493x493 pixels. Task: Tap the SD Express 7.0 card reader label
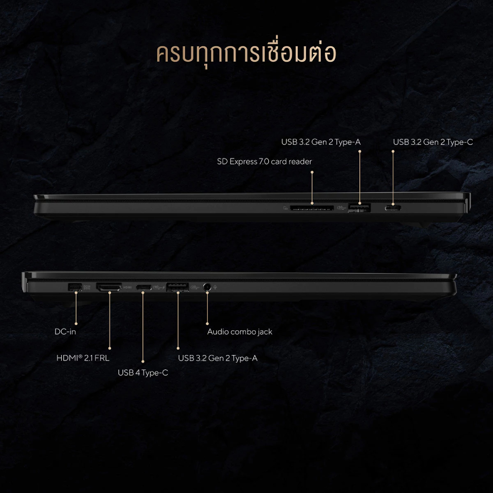pyautogui.click(x=264, y=162)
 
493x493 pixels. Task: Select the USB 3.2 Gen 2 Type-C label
pyautogui.click(x=433, y=142)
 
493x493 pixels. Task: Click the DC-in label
pyautogui.click(x=66, y=332)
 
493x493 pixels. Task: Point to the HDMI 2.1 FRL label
pyautogui.click(x=83, y=358)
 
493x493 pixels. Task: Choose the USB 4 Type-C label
pyautogui.click(x=143, y=373)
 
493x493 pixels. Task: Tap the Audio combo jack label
pyautogui.click(x=240, y=332)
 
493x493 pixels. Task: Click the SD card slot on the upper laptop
pyautogui.click(x=312, y=208)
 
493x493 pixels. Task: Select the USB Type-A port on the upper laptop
pyautogui.click(x=359, y=208)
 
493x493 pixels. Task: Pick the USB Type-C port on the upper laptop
pyautogui.click(x=393, y=208)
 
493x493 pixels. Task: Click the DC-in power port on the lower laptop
pyautogui.click(x=75, y=287)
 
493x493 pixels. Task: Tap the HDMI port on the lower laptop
pyautogui.click(x=109, y=287)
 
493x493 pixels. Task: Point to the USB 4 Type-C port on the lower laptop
pyautogui.click(x=143, y=287)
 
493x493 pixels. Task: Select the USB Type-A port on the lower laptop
pyautogui.click(x=177, y=287)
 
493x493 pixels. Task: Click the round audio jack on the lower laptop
pyautogui.click(x=207, y=287)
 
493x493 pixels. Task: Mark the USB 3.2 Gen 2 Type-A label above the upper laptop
pyautogui.click(x=321, y=142)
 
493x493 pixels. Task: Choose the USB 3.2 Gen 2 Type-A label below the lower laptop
pyautogui.click(x=217, y=358)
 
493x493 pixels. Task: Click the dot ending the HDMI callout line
pyautogui.click(x=110, y=349)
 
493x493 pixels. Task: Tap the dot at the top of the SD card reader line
pyautogui.click(x=312, y=172)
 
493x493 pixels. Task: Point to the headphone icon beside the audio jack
pyautogui.click(x=215, y=287)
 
